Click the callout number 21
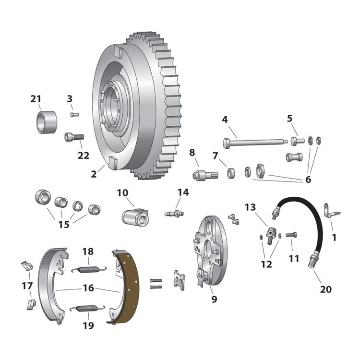coord(36,98)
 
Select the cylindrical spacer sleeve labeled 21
coord(46,122)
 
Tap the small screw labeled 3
coord(74,114)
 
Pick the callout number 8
coord(192,153)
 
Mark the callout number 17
coord(27,286)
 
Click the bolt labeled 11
coord(291,235)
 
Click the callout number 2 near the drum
coord(94,175)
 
